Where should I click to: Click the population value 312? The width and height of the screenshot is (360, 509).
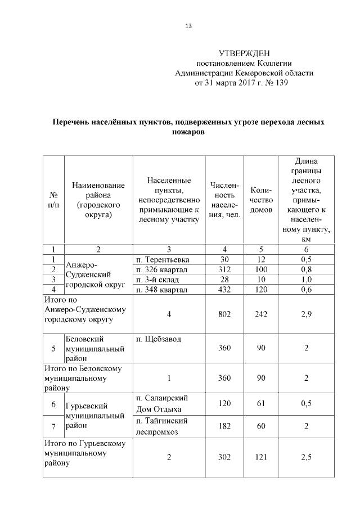click(x=224, y=269)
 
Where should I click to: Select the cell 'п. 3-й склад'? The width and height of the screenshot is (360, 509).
click(x=159, y=280)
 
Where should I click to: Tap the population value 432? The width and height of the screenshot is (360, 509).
click(x=224, y=289)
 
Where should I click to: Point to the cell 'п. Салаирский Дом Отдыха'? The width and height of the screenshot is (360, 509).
click(x=162, y=403)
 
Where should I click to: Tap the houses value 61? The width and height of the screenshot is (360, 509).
click(x=261, y=403)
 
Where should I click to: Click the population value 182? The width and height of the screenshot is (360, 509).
click(x=224, y=426)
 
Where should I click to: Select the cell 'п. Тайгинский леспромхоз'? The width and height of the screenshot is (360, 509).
click(x=162, y=426)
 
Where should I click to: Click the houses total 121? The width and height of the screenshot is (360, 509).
click(x=261, y=457)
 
